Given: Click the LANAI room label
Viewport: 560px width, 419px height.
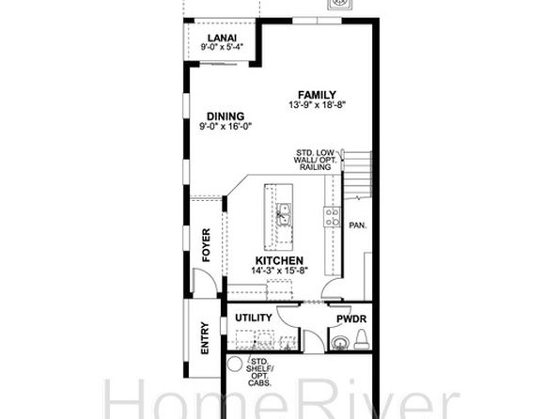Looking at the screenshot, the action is [x=222, y=38].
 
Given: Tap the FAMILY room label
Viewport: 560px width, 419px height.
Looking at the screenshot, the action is [x=318, y=95].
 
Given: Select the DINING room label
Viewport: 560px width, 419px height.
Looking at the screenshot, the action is [x=226, y=116].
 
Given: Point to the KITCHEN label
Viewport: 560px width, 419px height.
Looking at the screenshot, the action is [x=279, y=261].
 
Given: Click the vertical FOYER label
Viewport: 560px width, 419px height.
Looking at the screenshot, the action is [x=206, y=245].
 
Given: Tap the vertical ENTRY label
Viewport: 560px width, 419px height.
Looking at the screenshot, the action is [x=205, y=338].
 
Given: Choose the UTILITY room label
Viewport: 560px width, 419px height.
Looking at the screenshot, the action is [x=254, y=318].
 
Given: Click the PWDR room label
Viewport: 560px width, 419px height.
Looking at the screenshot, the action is [x=351, y=319].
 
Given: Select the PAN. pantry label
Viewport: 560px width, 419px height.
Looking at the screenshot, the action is [x=358, y=225].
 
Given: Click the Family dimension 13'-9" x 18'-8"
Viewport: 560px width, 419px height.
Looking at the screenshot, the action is [x=318, y=104].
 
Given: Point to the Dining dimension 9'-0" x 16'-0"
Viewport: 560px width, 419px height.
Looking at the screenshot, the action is [x=226, y=126].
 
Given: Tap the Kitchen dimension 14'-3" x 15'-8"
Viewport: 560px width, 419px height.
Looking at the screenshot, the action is [x=280, y=271].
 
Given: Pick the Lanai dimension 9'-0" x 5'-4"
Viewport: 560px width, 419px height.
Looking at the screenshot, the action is [x=222, y=47].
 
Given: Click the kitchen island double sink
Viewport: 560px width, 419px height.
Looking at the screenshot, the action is [x=284, y=214].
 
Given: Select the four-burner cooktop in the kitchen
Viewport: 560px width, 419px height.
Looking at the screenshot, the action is [x=332, y=217].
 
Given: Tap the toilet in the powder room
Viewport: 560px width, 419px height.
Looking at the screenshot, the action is [x=362, y=340].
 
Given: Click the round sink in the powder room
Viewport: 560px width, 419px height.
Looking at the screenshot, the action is [x=339, y=343].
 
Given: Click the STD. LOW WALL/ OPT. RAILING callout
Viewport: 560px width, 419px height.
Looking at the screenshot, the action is [x=315, y=160].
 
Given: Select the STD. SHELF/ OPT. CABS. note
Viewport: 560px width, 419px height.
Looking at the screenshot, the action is [x=259, y=372].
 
